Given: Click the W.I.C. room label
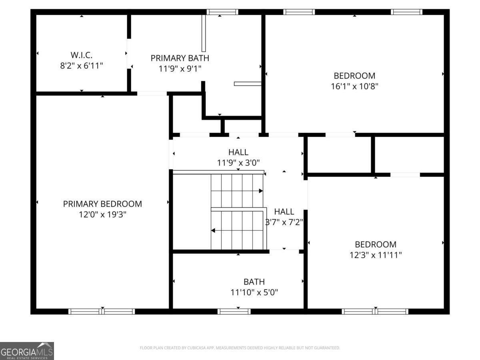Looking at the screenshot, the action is coord(81,55).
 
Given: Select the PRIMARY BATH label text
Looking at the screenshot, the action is coord(180,58).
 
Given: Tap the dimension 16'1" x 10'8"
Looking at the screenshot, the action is coord(354,86).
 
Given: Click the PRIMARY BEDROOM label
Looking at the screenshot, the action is coord(102,204).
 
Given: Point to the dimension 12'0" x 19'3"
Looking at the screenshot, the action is coord(102,214).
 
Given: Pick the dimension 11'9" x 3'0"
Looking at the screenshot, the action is coord(238,163).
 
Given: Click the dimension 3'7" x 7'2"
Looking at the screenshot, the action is coord(284,222).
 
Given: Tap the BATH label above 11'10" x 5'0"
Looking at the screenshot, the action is coord(254,282).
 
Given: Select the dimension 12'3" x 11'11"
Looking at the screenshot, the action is coord(376,255).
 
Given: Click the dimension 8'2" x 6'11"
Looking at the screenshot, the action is coord(81,66).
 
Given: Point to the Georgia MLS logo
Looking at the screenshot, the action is coord(27,351).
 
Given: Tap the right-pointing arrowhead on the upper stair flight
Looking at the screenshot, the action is coord(261,191).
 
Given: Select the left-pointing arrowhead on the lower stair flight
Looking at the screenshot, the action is coord(213,230).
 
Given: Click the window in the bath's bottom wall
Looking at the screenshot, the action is coord(234,312).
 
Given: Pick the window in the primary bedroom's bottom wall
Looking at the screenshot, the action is coord(102,312).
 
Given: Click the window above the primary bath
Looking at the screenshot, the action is coord(222,12).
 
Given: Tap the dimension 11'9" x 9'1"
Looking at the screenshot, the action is coord(180,69).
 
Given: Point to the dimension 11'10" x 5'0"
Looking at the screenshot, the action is coord(254,292).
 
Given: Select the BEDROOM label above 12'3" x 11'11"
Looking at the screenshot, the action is coord(376,244).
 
